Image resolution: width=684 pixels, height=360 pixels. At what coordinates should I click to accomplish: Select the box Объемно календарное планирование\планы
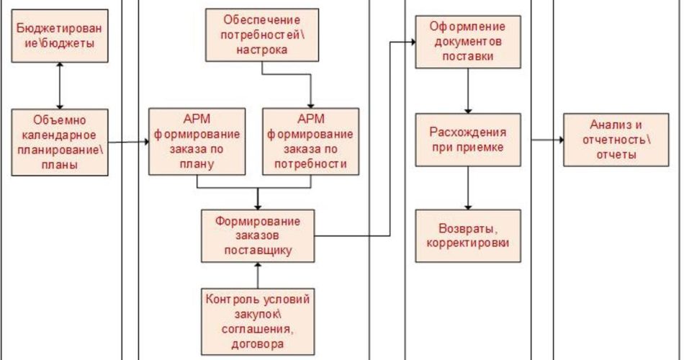coord(59,143)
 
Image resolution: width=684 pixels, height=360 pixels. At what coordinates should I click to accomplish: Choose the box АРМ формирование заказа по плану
coord(196,141)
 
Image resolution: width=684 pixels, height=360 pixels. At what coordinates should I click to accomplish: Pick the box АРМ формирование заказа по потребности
coord(310,141)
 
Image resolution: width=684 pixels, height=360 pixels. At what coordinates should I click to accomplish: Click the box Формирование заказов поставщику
coord(258,235)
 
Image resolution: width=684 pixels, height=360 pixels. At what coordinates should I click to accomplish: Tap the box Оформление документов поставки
coord(468,42)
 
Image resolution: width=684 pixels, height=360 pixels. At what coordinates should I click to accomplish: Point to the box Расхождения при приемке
coord(468,140)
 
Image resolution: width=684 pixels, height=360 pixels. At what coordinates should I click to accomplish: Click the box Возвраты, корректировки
coord(468,235)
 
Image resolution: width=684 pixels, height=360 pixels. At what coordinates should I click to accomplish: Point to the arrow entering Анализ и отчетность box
coord(547,140)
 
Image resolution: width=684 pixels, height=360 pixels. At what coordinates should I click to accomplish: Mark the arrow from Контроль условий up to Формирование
coord(258,274)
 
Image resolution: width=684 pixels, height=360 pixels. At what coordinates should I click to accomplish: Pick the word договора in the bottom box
coord(258,343)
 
